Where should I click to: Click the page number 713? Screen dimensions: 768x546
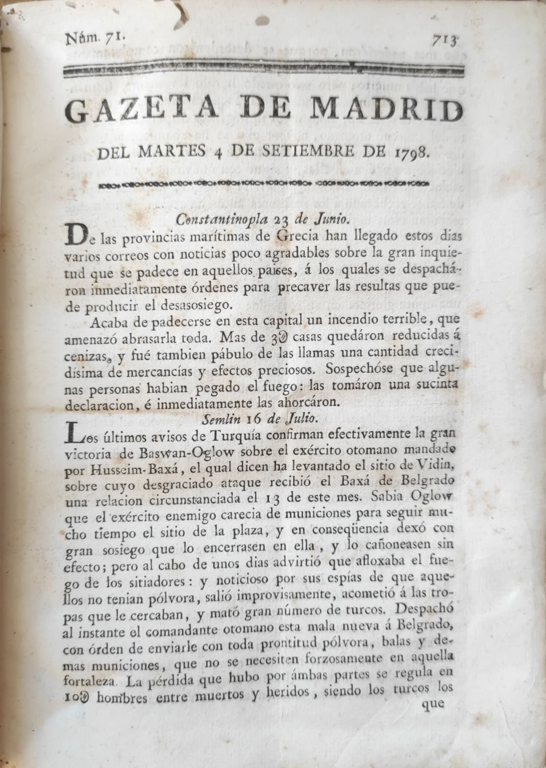coord(445,41)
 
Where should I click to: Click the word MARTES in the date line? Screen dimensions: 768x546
coord(172,152)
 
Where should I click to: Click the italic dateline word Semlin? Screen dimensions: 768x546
coord(221,418)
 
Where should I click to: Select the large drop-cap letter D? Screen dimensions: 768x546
coord(76,234)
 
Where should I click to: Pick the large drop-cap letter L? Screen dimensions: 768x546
coord(75,433)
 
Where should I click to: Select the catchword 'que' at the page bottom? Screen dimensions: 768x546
coord(433,703)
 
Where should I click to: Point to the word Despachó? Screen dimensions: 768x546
coord(426,609)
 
